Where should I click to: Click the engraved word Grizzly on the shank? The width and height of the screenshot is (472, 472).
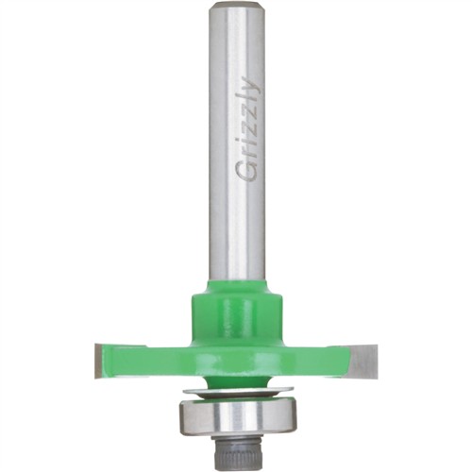(248, 129)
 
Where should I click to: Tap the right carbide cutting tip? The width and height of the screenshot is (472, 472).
(362, 361)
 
